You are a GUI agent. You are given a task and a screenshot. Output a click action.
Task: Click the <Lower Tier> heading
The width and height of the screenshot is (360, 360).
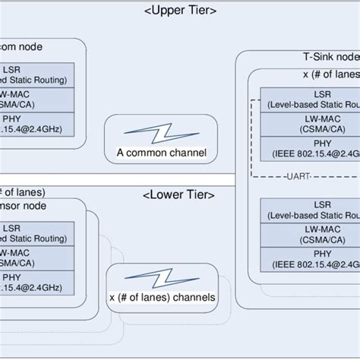click(x=178, y=195)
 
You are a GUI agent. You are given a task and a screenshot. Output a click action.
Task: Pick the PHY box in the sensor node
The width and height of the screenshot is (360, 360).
click(x=34, y=282)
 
